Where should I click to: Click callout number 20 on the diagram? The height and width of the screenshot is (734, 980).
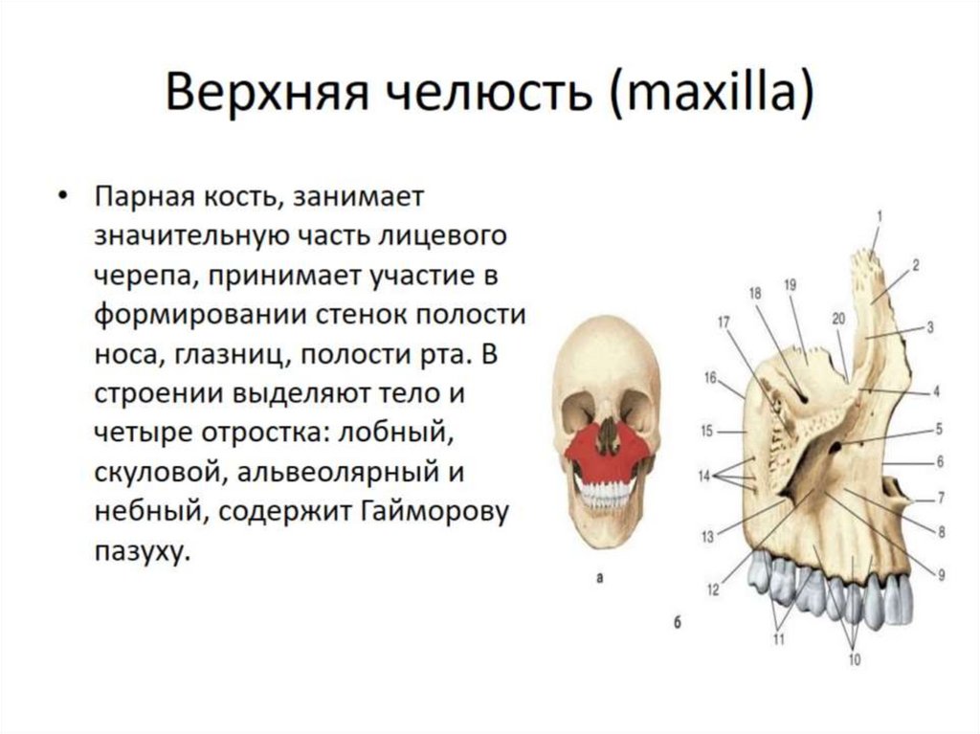coord(838,319)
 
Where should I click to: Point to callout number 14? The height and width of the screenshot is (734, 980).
coord(704,476)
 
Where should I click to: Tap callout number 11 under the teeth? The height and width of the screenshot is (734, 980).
coord(778,638)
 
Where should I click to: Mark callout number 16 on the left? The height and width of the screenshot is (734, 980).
coord(709,377)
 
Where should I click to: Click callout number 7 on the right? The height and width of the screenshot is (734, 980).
coord(941,498)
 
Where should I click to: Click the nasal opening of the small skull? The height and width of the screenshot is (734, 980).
coord(607,435)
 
